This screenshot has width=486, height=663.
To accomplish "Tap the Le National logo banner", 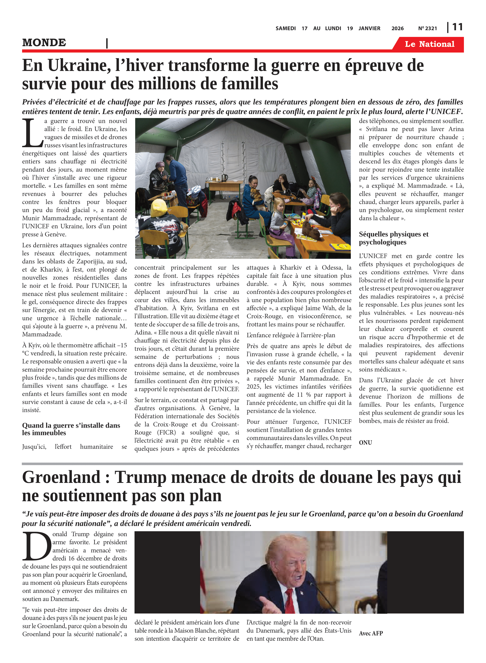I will coord(429,44).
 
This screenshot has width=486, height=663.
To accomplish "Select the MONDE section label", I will coord(44,43).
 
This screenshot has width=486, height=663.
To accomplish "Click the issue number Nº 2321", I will coord(427,28).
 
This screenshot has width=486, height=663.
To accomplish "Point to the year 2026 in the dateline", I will coord(397,28).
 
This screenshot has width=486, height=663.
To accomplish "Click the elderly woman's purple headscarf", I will coord(160,164).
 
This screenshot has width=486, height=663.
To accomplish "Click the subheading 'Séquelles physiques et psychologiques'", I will coord(393,238).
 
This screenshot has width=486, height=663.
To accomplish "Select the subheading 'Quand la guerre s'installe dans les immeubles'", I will coord(71,429).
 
